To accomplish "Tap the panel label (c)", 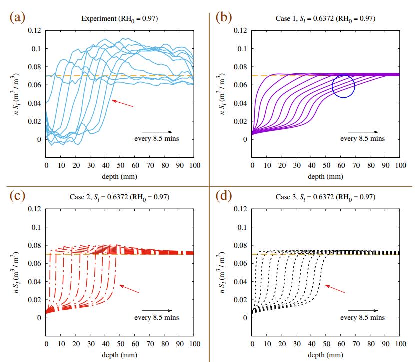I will (17, 196).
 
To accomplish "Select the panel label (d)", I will (223, 196).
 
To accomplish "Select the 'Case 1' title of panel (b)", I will (326, 19).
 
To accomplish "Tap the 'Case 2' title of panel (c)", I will (120, 197).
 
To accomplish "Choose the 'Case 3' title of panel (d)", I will (326, 197).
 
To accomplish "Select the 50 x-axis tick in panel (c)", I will (120, 344).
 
